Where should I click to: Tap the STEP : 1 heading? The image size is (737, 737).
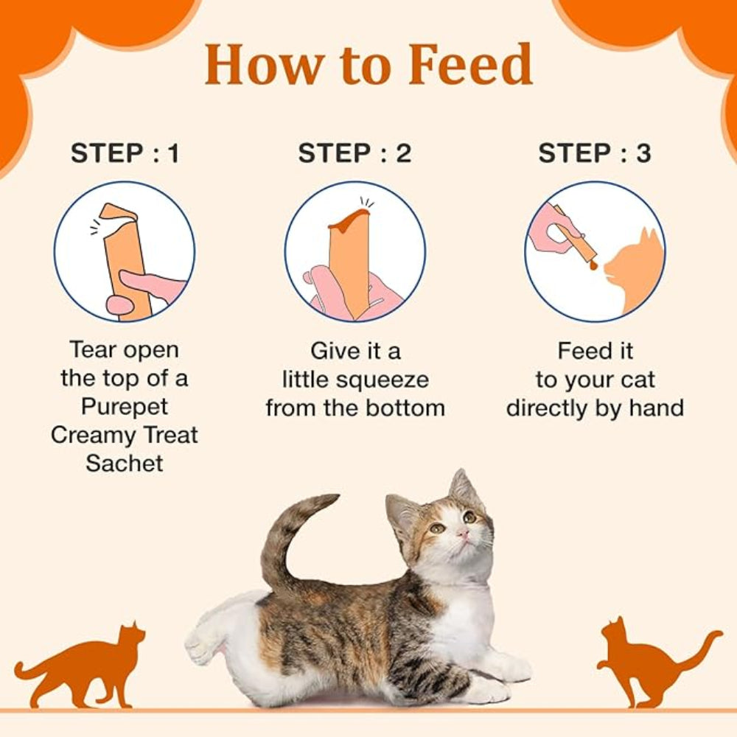click(x=125, y=153)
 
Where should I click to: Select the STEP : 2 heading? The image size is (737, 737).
click(x=355, y=153)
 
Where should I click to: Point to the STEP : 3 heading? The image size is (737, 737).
click(x=595, y=153)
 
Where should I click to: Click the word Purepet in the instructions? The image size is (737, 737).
click(x=124, y=407)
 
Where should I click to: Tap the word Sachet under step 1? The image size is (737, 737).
click(x=125, y=463)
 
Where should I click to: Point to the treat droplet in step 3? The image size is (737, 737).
click(x=593, y=265)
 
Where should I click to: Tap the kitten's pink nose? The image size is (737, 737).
click(x=464, y=533)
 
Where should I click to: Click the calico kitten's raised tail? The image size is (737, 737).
click(x=291, y=540)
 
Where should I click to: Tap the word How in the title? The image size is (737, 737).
click(x=264, y=64)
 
